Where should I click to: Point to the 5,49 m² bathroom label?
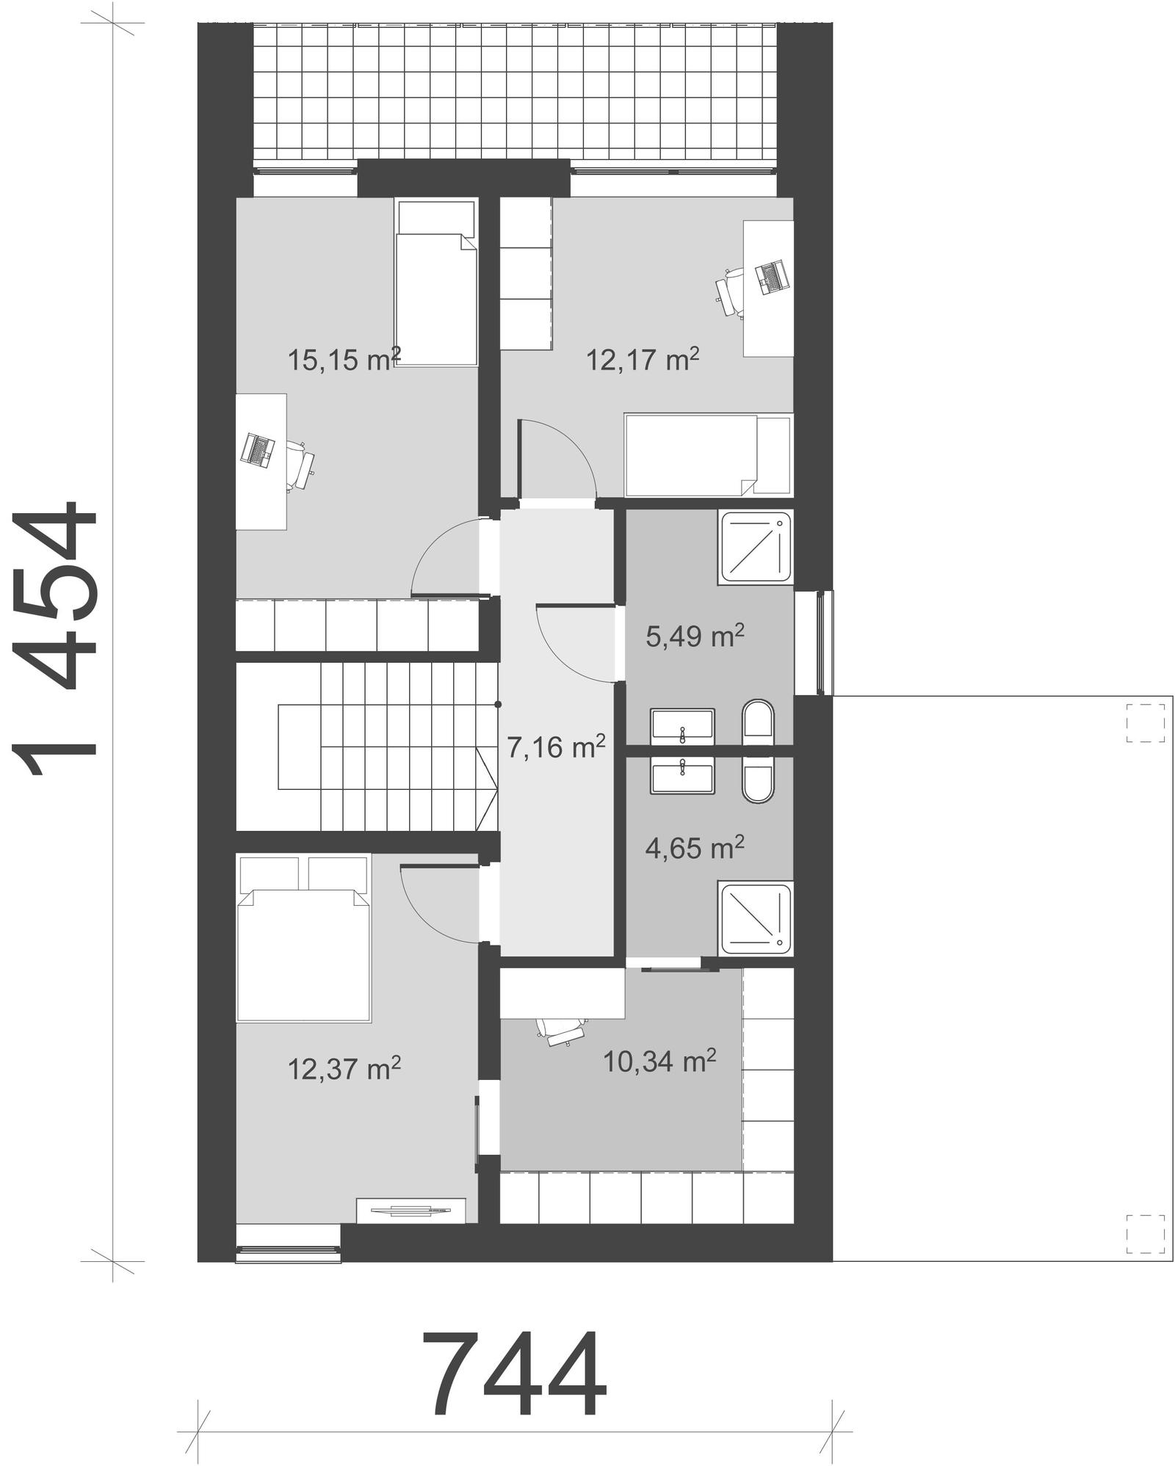[695, 636]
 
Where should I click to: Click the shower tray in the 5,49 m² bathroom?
[756, 548]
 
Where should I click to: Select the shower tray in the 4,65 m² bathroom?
[756, 919]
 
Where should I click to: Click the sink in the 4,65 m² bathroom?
[682, 777]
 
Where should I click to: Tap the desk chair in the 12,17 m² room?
[729, 291]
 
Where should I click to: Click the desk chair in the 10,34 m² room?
[562, 1031]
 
